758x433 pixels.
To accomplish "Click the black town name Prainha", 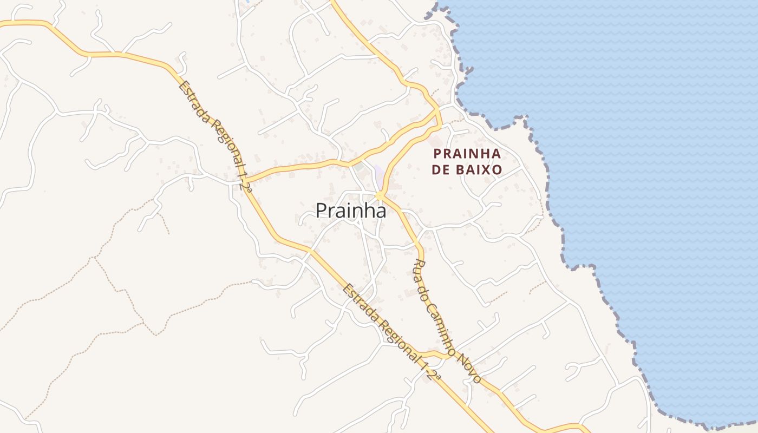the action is [x=351, y=211].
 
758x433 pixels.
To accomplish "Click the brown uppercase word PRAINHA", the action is [x=467, y=154].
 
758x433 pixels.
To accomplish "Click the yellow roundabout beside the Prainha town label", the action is [x=380, y=195].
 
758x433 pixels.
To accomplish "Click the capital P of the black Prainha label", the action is [x=321, y=211].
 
